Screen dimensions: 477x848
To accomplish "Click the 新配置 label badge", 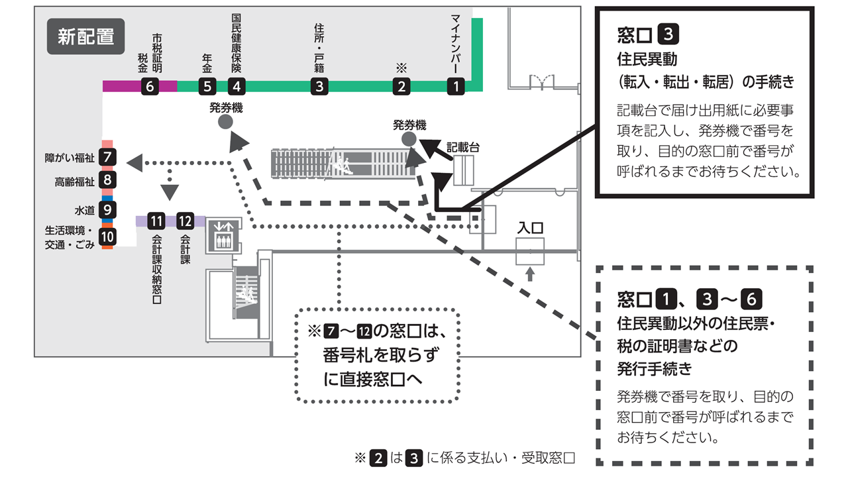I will point(85,36).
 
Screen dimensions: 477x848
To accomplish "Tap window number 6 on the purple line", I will point(150,85).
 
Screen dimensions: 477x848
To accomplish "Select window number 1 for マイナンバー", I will point(455,85).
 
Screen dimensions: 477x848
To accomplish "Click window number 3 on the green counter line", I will point(319,85).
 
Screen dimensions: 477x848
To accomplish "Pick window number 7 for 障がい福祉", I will point(107,158).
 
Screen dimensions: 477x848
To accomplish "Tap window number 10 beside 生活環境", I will point(107,236).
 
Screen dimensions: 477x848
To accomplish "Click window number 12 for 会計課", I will point(185,221).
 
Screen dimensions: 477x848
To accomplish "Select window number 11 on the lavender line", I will point(156,221).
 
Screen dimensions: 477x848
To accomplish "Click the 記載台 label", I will point(463,146).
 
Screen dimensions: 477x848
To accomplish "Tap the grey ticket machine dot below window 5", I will point(225,121).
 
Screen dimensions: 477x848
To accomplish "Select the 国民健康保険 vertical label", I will point(237,42).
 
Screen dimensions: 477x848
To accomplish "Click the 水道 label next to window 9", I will point(85,210).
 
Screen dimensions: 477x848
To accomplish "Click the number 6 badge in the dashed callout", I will point(750,299).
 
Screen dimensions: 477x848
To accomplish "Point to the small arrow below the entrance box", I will point(529,274).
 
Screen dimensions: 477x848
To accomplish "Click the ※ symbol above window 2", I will point(400,68).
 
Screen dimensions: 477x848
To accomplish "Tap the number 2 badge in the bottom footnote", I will point(378,458).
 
